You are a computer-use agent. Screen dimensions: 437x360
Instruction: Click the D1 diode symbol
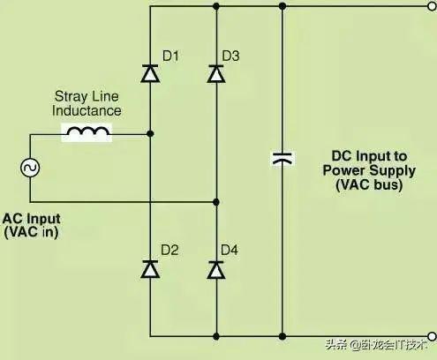pyautogui.click(x=150, y=73)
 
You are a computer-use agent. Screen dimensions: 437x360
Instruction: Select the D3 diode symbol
pyautogui.click(x=216, y=73)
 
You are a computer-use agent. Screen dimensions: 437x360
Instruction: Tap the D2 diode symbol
pyautogui.click(x=150, y=269)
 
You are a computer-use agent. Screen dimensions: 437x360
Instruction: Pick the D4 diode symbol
pyautogui.click(x=216, y=270)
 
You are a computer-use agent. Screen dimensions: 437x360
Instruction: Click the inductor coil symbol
pyautogui.click(x=87, y=131)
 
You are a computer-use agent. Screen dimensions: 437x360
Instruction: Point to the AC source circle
pyautogui.click(x=30, y=168)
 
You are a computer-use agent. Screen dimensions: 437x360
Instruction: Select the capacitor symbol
pyautogui.click(x=283, y=158)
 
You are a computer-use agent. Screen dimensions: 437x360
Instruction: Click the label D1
pyautogui.click(x=170, y=56)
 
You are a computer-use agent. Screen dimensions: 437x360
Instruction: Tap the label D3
pyautogui.click(x=230, y=56)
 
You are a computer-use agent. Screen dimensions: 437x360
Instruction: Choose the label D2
pyautogui.click(x=170, y=250)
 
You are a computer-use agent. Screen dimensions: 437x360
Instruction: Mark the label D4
pyautogui.click(x=230, y=250)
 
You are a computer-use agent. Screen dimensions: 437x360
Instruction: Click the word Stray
pyautogui.click(x=71, y=97)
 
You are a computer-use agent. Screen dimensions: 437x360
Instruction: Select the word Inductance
pyautogui.click(x=87, y=110)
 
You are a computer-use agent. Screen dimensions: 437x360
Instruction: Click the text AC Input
pyautogui.click(x=32, y=219)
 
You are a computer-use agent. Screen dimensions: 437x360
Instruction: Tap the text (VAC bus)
pyautogui.click(x=369, y=184)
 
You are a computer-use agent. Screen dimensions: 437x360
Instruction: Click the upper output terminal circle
pyautogui.click(x=432, y=6)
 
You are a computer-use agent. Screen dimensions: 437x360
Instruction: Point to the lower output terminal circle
pyautogui.click(x=432, y=336)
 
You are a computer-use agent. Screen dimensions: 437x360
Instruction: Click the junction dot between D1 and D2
pyautogui.click(x=150, y=134)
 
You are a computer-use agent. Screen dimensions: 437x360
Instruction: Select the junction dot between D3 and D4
pyautogui.click(x=216, y=202)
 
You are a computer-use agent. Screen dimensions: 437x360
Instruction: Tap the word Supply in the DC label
pyautogui.click(x=393, y=170)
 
